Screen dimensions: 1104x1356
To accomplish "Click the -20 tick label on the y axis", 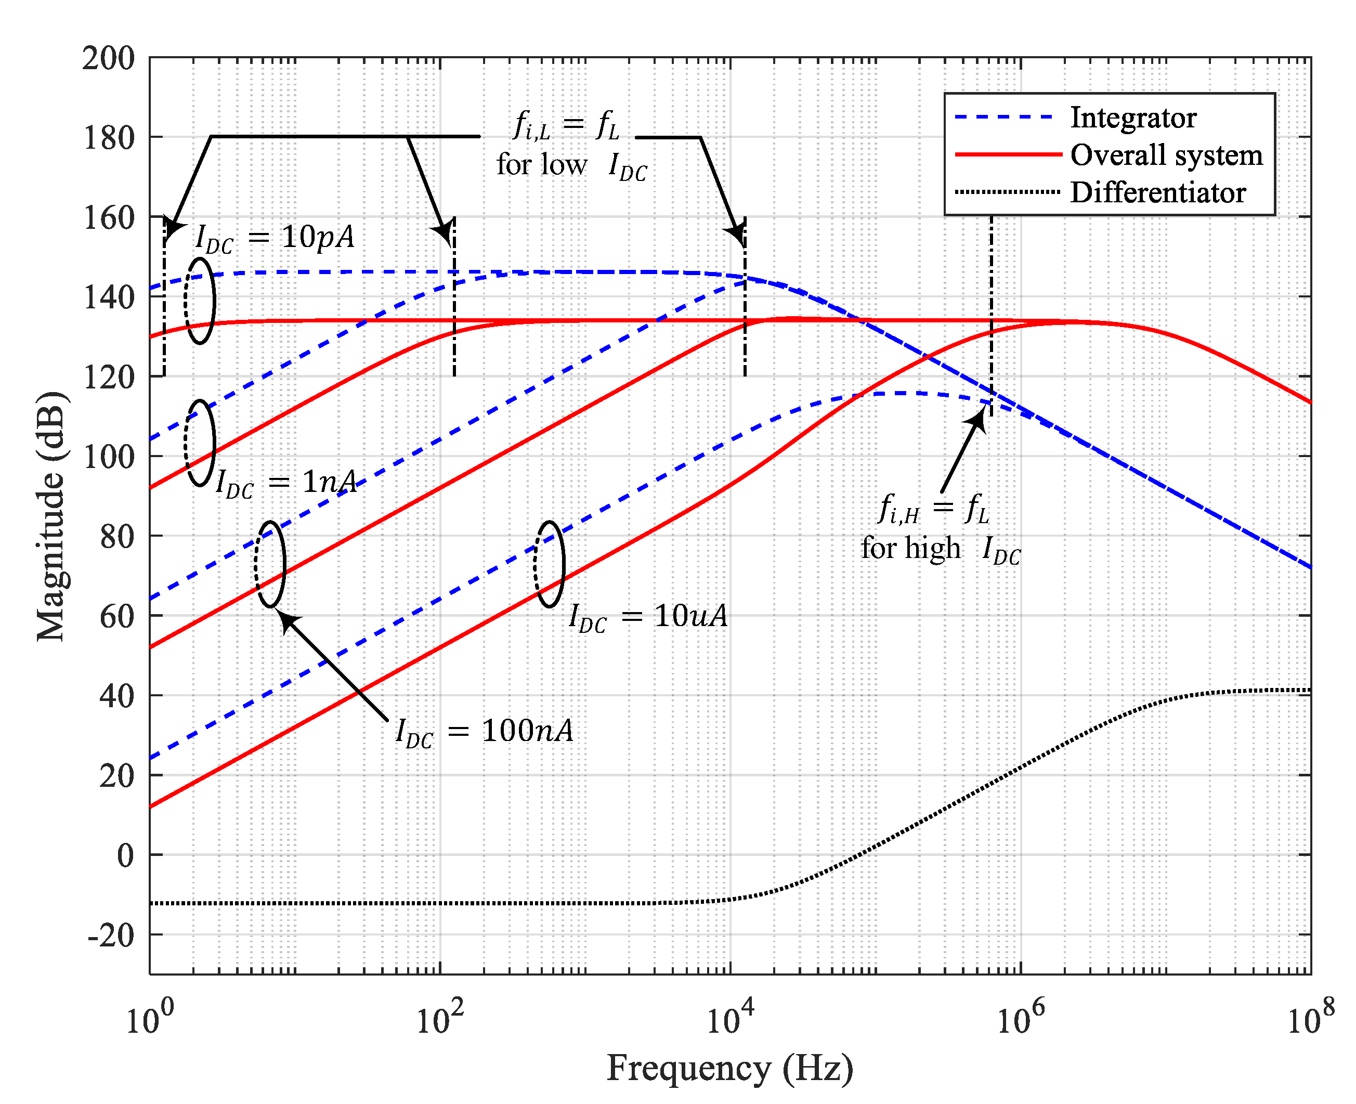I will [111, 936].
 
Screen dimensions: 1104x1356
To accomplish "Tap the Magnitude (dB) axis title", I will [51, 516].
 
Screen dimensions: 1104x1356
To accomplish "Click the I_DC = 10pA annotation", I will [275, 239].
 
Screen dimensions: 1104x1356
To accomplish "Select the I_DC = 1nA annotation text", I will [286, 483].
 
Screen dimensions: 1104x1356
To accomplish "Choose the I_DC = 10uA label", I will [647, 616].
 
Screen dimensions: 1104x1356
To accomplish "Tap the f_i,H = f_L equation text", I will [933, 508].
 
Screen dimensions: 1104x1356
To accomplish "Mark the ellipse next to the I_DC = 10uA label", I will [549, 564].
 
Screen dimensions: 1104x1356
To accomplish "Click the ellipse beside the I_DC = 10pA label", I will [200, 301].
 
